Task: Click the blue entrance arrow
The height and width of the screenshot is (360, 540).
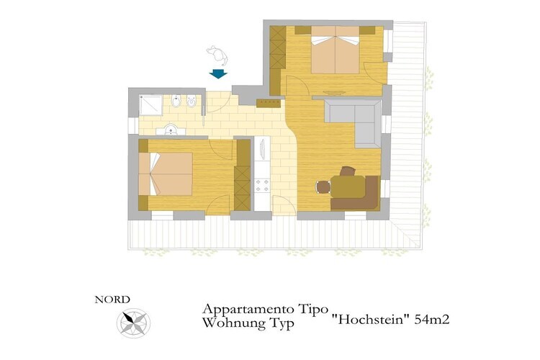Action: pyautogui.click(x=218, y=73)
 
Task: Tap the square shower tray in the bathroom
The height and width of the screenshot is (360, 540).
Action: pyautogui.click(x=150, y=105)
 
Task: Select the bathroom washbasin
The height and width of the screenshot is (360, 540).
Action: pyautogui.click(x=171, y=130)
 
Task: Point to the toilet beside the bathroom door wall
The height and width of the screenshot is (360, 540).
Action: pyautogui.click(x=191, y=102)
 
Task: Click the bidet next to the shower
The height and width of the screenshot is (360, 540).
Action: pyautogui.click(x=176, y=102)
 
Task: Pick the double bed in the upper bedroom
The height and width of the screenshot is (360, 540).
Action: pyautogui.click(x=336, y=50)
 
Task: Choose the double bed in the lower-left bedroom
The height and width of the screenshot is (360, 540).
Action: pyautogui.click(x=166, y=174)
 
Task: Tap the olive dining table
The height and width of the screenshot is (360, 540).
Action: pyautogui.click(x=348, y=186)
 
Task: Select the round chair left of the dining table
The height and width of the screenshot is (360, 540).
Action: pyautogui.click(x=323, y=187)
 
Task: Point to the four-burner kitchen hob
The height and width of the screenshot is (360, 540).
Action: pyautogui.click(x=262, y=185)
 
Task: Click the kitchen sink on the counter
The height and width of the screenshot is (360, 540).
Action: pyautogui.click(x=262, y=149)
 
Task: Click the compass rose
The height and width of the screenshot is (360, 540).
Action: pyautogui.click(x=133, y=323)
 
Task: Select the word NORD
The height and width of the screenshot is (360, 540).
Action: pyautogui.click(x=112, y=300)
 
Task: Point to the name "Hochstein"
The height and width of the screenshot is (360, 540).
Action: pyautogui.click(x=371, y=320)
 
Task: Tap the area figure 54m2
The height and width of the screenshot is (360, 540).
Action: pyautogui.click(x=432, y=320)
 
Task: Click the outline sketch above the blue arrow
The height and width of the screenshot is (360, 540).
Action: pyautogui.click(x=217, y=55)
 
